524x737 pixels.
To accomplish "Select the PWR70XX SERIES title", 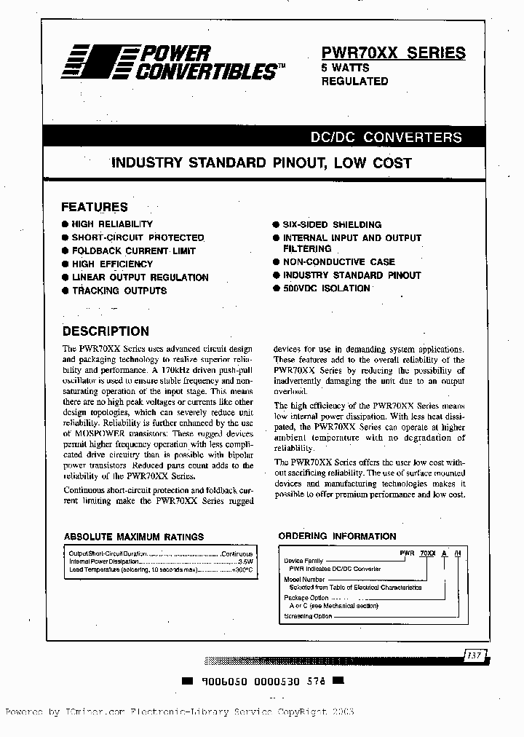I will click(393, 52).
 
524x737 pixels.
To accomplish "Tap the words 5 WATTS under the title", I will click(346, 68).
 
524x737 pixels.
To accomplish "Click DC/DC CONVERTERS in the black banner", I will click(386, 137).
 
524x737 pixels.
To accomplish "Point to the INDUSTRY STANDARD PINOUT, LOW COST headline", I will click(261, 163).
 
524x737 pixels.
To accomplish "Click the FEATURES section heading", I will click(95, 207).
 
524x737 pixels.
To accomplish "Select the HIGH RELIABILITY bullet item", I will click(112, 224).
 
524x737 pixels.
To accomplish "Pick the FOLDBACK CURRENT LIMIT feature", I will click(133, 251).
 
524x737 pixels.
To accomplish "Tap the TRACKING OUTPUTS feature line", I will click(119, 291).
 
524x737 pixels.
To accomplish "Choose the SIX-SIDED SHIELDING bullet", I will click(332, 225).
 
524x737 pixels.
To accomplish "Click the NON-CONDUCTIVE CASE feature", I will click(338, 262).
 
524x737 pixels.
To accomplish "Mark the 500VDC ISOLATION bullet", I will click(326, 288).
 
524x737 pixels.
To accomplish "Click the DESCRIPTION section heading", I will click(106, 331).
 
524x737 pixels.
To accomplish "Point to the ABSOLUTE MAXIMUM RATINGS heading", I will click(134, 537).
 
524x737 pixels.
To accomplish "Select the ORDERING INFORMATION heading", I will click(337, 536).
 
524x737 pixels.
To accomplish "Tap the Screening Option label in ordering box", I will click(307, 617).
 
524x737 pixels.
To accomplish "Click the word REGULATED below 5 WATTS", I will click(355, 82).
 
